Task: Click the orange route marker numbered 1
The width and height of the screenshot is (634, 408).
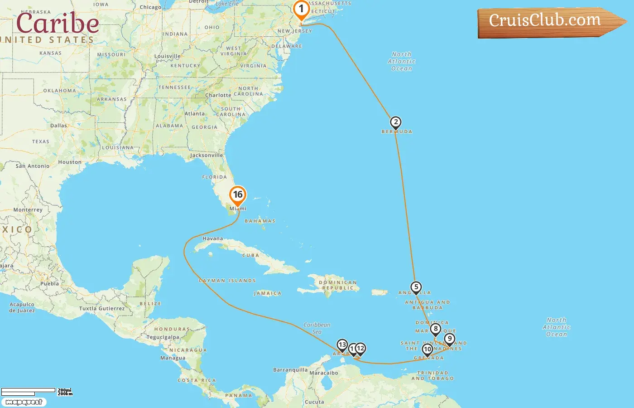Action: (301, 10)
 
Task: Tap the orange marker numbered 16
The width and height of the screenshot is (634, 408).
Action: (238, 195)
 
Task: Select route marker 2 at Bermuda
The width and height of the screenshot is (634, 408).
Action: (396, 122)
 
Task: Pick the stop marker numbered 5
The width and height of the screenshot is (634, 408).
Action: (416, 287)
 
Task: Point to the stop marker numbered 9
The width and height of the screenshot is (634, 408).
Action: (449, 339)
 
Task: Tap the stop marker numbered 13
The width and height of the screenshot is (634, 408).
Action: (342, 345)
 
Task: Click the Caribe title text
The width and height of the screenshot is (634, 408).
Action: (58, 23)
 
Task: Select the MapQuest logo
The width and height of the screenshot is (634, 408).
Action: (24, 402)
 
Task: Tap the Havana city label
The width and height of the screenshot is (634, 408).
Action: (213, 238)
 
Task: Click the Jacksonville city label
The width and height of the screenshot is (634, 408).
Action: (207, 155)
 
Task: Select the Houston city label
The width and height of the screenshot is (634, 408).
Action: (70, 162)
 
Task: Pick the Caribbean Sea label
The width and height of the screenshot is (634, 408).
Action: (317, 328)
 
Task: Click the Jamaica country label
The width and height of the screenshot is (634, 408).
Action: (268, 293)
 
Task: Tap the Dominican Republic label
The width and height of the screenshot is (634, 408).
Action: (338, 285)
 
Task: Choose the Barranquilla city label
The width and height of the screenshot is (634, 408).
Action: (290, 370)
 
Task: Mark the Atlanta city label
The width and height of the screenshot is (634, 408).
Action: (195, 114)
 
